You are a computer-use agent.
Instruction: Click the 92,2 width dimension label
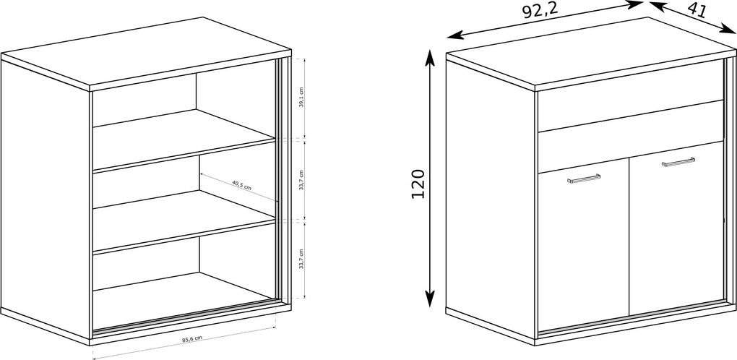pos(540,10)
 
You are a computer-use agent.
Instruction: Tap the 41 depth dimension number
pos(697,9)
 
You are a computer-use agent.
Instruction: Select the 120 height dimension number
pos(418,184)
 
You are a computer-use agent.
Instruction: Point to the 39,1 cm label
pos(301,98)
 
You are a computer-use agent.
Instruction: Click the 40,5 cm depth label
pos(241,185)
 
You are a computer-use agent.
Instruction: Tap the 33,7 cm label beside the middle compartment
pos(301,180)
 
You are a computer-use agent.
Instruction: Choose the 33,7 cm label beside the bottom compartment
pos(301,259)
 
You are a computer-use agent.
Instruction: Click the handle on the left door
pos(583,179)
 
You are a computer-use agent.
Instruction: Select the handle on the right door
pos(678,162)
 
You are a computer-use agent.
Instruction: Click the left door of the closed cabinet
pos(583,244)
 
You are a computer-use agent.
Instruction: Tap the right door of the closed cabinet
pos(676,228)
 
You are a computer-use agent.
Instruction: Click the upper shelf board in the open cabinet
pos(184,140)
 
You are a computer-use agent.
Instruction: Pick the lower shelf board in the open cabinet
pos(184,222)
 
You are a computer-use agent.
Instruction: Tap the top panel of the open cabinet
pos(146,53)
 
